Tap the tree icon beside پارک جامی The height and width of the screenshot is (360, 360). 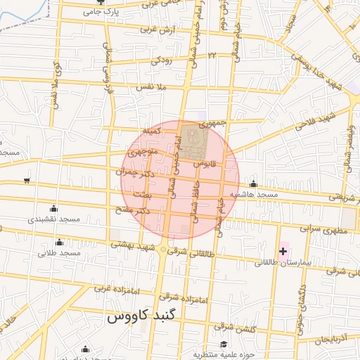(x=97, y=12)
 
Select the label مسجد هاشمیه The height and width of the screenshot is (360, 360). (x=255, y=193)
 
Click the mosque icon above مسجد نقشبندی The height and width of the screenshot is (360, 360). (x=54, y=209)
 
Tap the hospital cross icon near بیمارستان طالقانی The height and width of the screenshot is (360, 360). (x=283, y=251)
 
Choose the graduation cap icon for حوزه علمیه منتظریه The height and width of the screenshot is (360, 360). (x=223, y=345)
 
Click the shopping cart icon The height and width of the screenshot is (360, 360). (x=27, y=181)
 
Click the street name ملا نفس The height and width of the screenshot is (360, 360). (x=150, y=86)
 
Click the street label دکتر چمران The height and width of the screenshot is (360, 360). (x=134, y=172)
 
